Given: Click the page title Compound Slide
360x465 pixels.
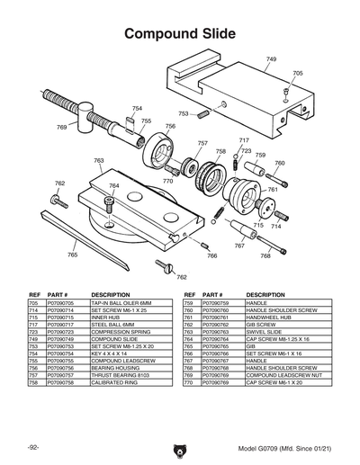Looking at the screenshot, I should click(x=180, y=33).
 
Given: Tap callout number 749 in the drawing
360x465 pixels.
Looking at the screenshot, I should click(x=271, y=58).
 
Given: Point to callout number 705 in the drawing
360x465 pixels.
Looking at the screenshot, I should click(x=298, y=73).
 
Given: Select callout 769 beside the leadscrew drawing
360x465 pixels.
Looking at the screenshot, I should click(x=62, y=128).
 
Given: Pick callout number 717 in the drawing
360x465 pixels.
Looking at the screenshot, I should click(x=243, y=141).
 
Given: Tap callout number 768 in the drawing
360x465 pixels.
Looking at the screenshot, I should click(x=265, y=256).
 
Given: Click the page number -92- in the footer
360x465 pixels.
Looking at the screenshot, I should click(x=32, y=447).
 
